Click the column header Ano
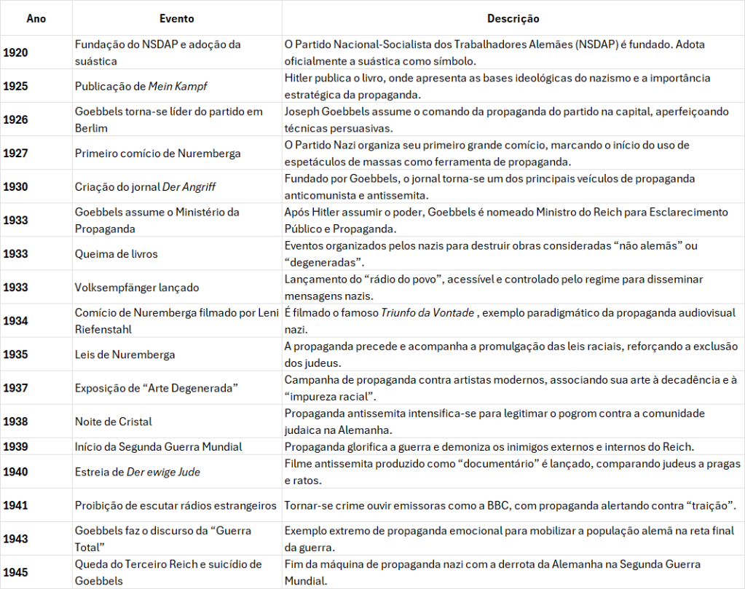click(36, 19)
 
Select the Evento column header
click(176, 19)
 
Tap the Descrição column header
click(513, 19)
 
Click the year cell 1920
click(15, 52)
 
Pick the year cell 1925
click(15, 86)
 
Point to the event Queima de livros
click(117, 253)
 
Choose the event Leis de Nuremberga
click(125, 355)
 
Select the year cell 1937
click(15, 388)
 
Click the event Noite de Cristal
click(114, 422)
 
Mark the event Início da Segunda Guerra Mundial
click(159, 446)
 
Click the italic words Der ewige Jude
click(163, 472)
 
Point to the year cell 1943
click(15, 539)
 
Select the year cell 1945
click(15, 572)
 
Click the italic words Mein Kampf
click(178, 86)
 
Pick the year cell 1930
click(15, 186)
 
